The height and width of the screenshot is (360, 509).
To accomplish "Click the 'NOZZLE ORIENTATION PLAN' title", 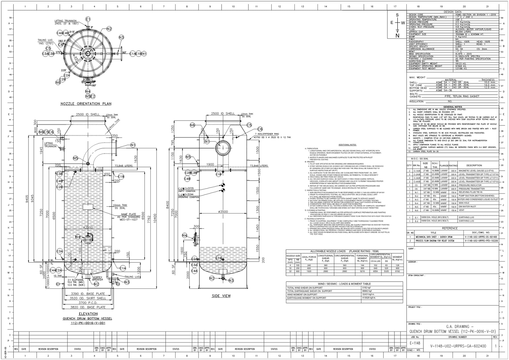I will (86, 104).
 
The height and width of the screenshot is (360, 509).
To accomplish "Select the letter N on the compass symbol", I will (397, 36).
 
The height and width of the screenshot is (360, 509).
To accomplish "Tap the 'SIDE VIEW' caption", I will (221, 296).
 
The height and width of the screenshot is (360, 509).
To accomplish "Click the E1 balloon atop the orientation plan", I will (88, 19).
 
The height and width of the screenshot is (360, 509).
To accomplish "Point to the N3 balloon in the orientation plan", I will (121, 37).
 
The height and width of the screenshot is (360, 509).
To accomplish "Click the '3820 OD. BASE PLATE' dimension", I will (88, 307).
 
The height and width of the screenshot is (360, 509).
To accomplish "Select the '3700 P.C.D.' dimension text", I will (88, 303).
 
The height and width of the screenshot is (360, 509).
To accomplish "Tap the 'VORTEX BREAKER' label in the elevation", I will (97, 278).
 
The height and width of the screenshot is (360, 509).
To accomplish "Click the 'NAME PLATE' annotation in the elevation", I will (128, 214).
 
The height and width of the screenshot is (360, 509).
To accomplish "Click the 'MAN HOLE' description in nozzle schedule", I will (464, 203).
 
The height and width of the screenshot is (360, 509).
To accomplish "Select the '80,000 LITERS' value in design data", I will (463, 32).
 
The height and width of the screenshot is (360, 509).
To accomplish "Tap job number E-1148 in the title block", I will (415, 343).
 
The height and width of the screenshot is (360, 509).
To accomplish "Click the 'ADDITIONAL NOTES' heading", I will (347, 145).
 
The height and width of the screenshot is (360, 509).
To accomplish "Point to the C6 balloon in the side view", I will (260, 129).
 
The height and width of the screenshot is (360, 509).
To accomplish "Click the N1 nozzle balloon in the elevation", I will (133, 145).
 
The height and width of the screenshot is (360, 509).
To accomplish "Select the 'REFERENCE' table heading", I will (450, 228).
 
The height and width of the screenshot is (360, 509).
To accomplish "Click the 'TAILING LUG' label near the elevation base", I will (132, 277).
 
